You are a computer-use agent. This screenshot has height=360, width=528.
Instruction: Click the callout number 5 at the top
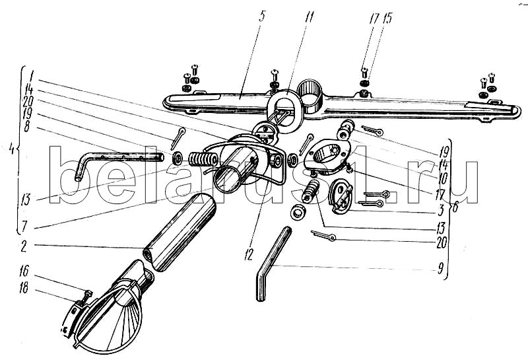coord(262,16)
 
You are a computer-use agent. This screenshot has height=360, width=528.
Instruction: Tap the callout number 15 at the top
coord(387,18)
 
